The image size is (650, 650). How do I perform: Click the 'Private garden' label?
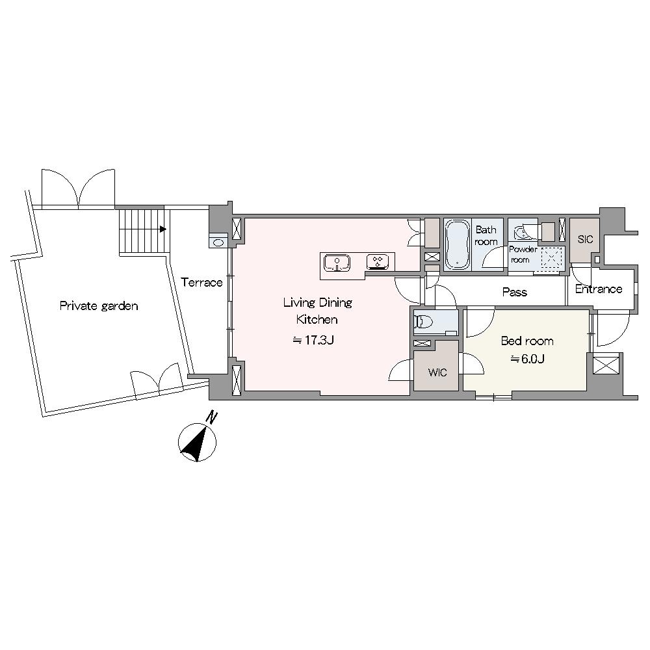pos(99,306)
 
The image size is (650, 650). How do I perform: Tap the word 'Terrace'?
pos(202,283)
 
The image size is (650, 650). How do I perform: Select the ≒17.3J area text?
pos(314,341)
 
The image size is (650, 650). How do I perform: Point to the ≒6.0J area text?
pos(527,359)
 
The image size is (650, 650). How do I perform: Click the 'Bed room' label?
pos(527,341)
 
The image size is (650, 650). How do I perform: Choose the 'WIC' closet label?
pos(437,372)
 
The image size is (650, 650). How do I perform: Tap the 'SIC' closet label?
pos(585,239)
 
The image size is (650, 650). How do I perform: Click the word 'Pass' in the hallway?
pos(514,292)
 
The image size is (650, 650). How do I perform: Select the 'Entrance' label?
pos(599,289)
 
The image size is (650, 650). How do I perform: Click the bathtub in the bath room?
pos(458,244)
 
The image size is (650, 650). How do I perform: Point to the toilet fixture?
pos(424,321)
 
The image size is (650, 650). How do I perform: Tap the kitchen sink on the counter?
pos(337,263)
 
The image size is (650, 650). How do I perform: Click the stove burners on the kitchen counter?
pos(378,261)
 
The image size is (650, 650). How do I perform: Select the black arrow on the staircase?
pos(163,229)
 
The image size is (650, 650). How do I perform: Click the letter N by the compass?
pos(213,417)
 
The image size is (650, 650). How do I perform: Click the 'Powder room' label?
pos(523,255)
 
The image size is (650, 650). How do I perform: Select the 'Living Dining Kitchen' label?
pos(317,311)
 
